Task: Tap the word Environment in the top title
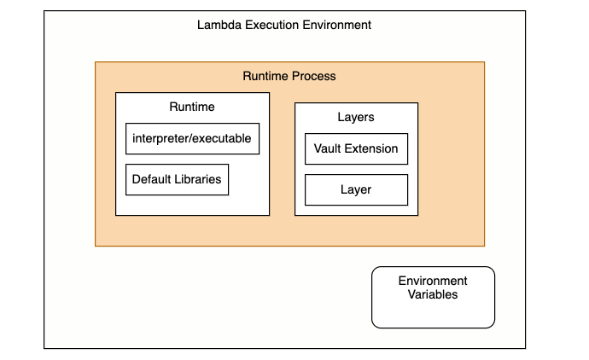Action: coord(337,25)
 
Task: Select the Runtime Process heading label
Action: coord(289,76)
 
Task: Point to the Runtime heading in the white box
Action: coord(192,107)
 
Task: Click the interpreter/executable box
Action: coord(192,138)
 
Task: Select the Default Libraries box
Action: coord(177,179)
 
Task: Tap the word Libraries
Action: coord(198,179)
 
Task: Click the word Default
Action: coord(152,179)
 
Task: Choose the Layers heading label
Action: coord(356,117)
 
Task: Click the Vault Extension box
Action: coord(356,148)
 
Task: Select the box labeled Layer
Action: coord(356,189)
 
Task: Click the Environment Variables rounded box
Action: coord(433,298)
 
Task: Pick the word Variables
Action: coord(433,294)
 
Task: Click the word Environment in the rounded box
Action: coord(433,281)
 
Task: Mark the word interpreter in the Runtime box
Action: coord(160,138)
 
